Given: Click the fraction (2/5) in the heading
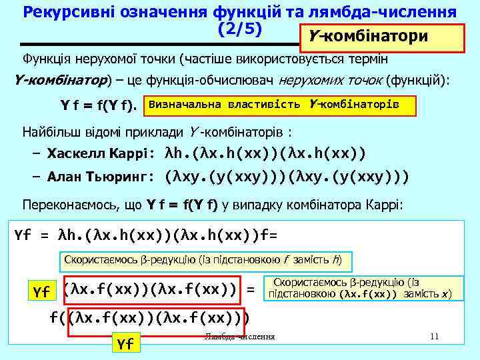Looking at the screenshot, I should [240, 29].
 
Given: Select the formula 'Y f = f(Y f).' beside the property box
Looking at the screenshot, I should [98, 106].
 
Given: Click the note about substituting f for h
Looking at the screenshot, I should [207, 259].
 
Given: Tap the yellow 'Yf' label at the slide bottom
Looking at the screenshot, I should [125, 344].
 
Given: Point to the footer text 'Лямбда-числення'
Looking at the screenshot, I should [239, 336].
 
